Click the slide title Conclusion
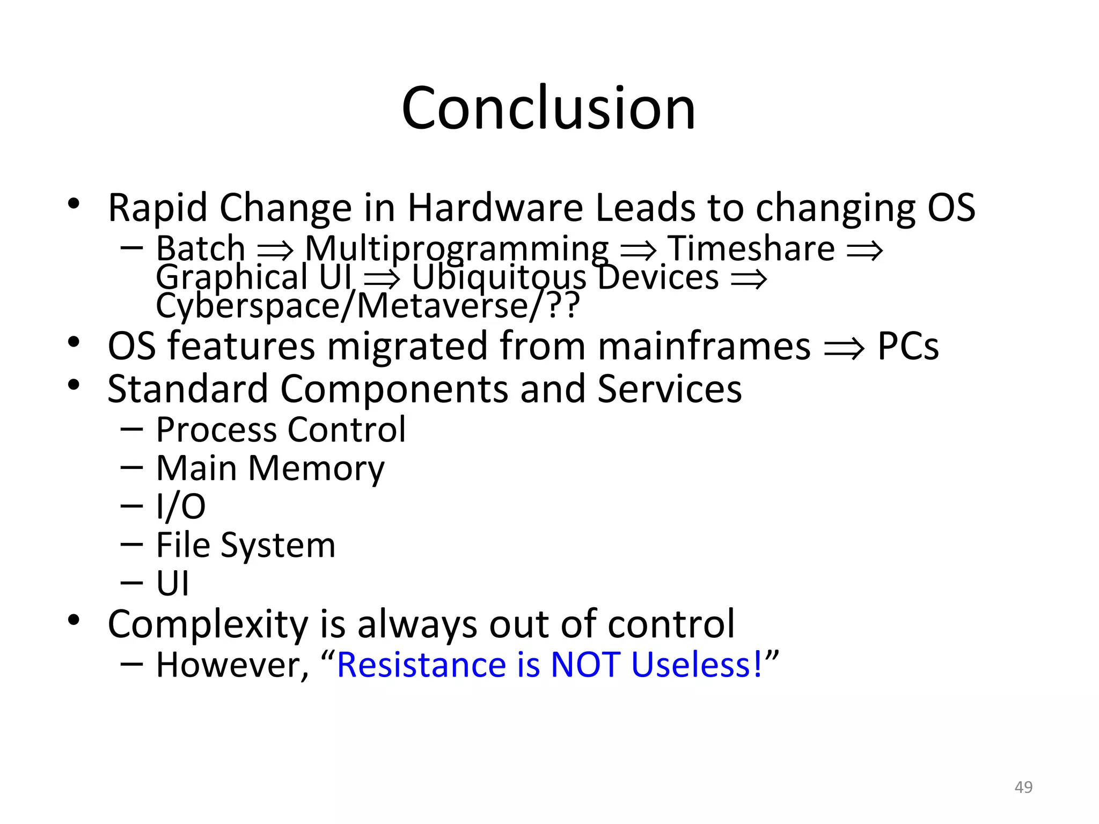pyautogui.click(x=548, y=108)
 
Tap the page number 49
pyautogui.click(x=1023, y=787)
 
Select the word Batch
pyautogui.click(x=200, y=248)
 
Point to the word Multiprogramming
pyautogui.click(x=457, y=249)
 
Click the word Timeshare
pyautogui.click(x=751, y=248)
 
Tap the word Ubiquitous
pyautogui.click(x=499, y=278)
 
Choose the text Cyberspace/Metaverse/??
pyautogui.click(x=368, y=306)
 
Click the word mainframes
pyautogui.click(x=704, y=346)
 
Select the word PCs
pyautogui.click(x=908, y=346)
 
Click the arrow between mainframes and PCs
pyautogui.click(x=844, y=349)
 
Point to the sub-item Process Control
pyautogui.click(x=281, y=430)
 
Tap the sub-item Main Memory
pyautogui.click(x=270, y=469)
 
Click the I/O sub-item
pyautogui.click(x=181, y=506)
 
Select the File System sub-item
pyautogui.click(x=246, y=545)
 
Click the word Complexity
pyautogui.click(x=208, y=624)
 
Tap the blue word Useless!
pyautogui.click(x=697, y=665)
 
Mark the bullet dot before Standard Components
pyautogui.click(x=74, y=385)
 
